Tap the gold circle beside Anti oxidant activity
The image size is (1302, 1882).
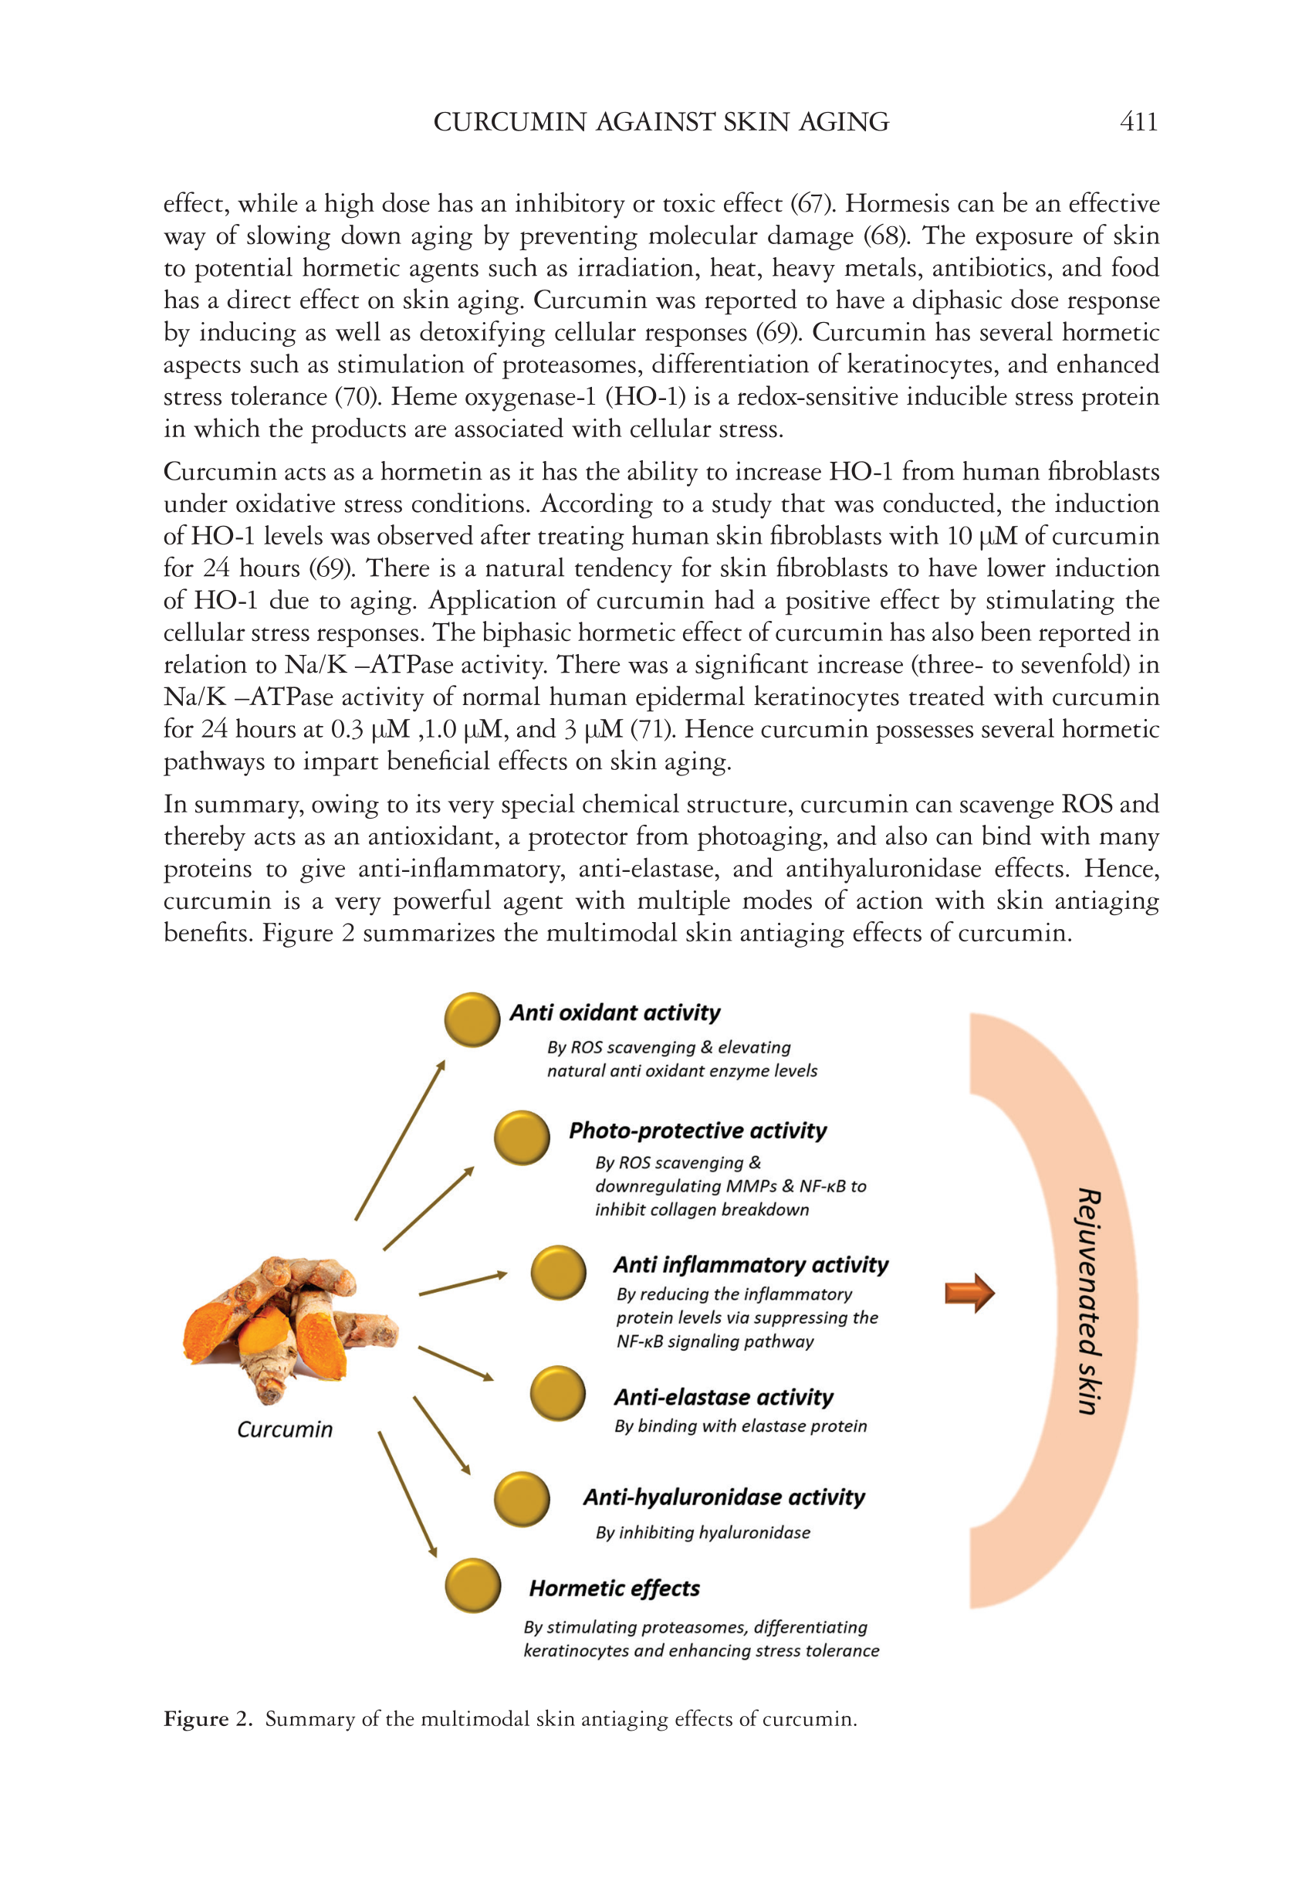pos(472,1019)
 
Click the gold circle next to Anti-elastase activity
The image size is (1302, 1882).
pos(558,1393)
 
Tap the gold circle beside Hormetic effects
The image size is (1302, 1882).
pos(472,1585)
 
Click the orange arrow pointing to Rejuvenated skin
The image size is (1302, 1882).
pos(969,1293)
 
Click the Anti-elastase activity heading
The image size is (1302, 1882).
pos(724,1397)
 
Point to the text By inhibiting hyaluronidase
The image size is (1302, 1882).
pos(702,1532)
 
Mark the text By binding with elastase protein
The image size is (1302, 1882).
pos(740,1426)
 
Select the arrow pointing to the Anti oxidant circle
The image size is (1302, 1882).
pos(400,1140)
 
